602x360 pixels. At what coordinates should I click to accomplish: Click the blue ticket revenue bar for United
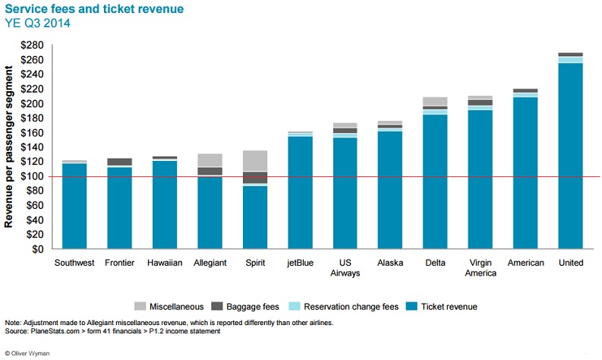[571, 156]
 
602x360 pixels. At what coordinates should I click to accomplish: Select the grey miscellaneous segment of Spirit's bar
[255, 160]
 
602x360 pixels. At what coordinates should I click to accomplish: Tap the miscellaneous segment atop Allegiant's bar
[210, 160]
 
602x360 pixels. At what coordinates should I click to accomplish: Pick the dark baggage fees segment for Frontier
[119, 162]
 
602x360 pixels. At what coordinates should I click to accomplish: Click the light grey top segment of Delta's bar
[435, 102]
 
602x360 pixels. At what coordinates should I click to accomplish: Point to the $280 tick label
[32, 46]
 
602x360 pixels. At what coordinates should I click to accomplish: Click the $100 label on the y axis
[32, 176]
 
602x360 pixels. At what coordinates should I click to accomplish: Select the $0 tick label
[37, 249]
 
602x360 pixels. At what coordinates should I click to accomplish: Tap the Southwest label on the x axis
[74, 263]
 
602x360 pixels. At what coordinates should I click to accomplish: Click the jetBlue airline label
[300, 264]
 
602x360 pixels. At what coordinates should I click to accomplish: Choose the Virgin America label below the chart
[481, 268]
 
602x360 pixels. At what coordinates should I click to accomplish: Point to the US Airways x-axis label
[345, 268]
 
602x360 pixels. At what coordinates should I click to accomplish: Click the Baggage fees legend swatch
[217, 306]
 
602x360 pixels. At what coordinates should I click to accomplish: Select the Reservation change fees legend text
[351, 307]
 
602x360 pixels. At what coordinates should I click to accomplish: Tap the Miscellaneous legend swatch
[140, 306]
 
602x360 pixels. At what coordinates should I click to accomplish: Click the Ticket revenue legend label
[449, 307]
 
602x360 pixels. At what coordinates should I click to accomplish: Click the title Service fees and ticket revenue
[94, 9]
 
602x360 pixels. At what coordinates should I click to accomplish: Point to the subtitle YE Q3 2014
[38, 23]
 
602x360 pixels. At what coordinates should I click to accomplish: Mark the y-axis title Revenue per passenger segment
[8, 147]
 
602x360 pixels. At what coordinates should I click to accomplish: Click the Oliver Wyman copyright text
[27, 353]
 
